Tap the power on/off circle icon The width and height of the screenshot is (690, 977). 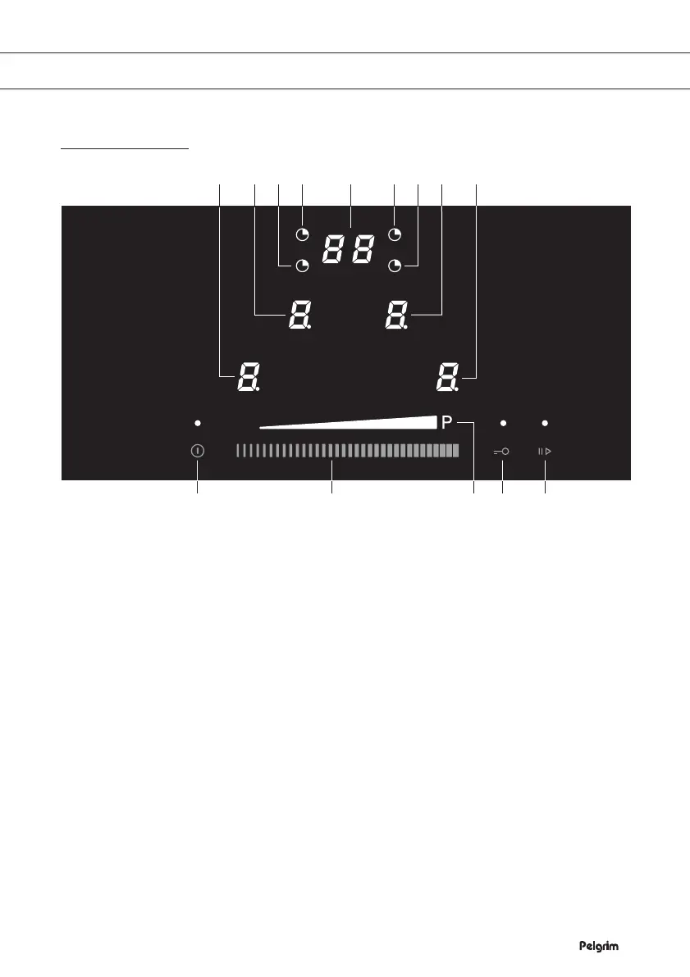pos(198,451)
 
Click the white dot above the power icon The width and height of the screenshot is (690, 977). pos(198,423)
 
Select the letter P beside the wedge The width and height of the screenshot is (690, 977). pos(446,423)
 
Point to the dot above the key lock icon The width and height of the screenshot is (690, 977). pos(503,423)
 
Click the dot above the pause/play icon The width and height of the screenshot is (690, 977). pos(545,423)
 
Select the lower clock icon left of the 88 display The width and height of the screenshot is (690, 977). pos(304,266)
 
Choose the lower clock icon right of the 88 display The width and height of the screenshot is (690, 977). pos(395,266)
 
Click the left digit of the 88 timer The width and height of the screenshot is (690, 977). pos(335,248)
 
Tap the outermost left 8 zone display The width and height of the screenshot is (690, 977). pos(247,378)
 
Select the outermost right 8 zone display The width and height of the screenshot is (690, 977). pos(447,378)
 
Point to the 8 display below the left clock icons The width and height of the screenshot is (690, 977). pos(298,315)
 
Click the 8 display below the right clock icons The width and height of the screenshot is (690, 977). pos(397,315)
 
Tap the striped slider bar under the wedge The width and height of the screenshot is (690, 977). pos(346,451)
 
